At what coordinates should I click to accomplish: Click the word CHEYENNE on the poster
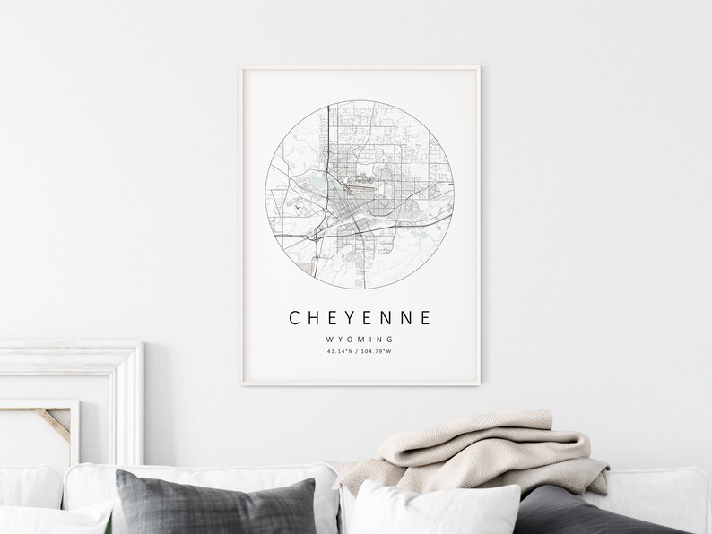coord(360,318)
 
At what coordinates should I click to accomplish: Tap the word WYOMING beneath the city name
coord(360,340)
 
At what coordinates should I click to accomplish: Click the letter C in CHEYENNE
coord(294,318)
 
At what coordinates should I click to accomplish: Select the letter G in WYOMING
coord(391,340)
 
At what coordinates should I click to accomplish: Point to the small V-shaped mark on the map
coord(295,206)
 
